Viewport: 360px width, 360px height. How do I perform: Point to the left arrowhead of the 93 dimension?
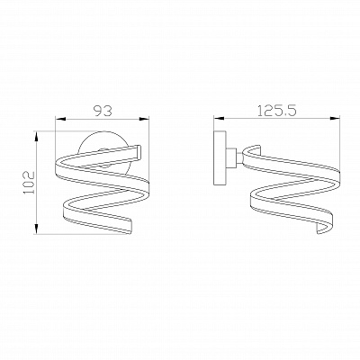pos(58,121)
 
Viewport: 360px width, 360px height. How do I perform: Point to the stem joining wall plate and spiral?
pos(232,159)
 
